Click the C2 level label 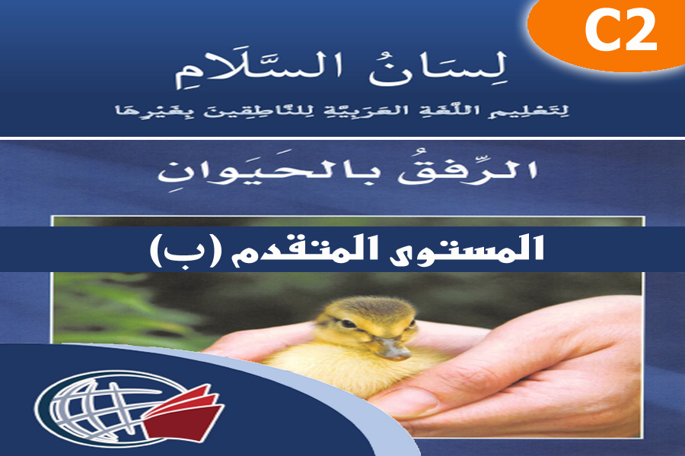point(620,32)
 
